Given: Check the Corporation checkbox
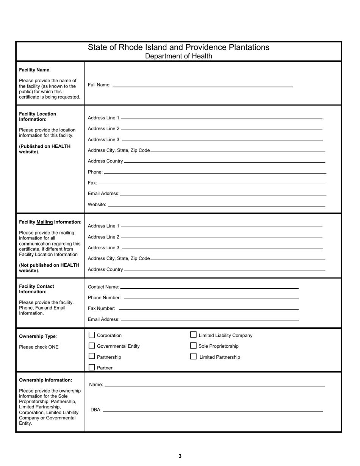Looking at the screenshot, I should pyautogui.click(x=92, y=335).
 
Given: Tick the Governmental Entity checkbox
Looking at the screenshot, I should pyautogui.click(x=92, y=346).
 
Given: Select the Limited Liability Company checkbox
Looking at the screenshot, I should pyautogui.click(x=193, y=335).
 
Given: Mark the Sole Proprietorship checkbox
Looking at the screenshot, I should pyautogui.click(x=193, y=346).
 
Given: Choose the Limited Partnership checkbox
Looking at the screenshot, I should pyautogui.click(x=193, y=357).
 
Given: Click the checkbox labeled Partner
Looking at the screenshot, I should pyautogui.click(x=92, y=367).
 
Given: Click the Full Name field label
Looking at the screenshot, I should pyautogui.click(x=99, y=85).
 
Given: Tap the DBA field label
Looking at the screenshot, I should pyautogui.click(x=96, y=410).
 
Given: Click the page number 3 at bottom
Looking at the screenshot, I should pyautogui.click(x=180, y=456).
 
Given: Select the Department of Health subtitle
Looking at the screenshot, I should pyautogui.click(x=178, y=56).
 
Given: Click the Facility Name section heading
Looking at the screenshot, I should pyautogui.click(x=34, y=70).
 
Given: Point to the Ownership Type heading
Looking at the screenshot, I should pyautogui.click(x=38, y=336).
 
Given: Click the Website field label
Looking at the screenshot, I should pyautogui.click(x=97, y=205).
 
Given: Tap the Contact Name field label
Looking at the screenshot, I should pyautogui.click(x=103, y=287).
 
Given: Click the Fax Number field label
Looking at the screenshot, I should pyautogui.click(x=102, y=308).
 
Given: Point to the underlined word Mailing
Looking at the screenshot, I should pyautogui.click(x=44, y=222).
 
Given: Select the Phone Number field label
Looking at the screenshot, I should pyautogui.click(x=104, y=298).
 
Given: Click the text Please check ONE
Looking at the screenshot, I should pyautogui.click(x=39, y=347).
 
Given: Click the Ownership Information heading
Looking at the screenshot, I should pyautogui.click(x=45, y=380).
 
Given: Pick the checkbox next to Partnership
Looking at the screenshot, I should pyautogui.click(x=92, y=356).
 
